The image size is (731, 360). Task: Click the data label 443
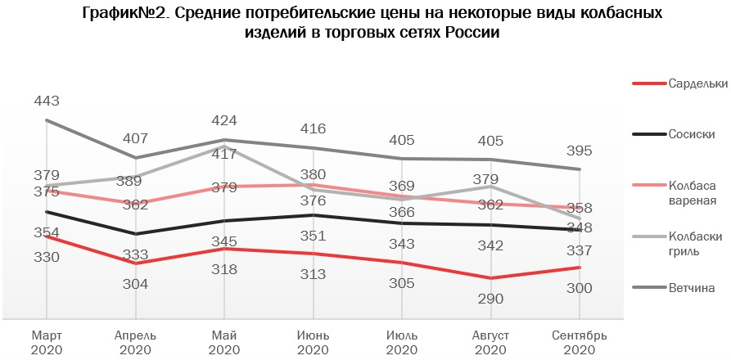click(47, 101)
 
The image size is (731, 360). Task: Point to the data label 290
click(490, 299)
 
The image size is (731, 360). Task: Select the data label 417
click(224, 153)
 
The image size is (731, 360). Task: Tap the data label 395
click(579, 151)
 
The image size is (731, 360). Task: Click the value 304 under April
click(136, 284)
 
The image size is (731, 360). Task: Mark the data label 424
click(224, 121)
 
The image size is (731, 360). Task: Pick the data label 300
click(579, 288)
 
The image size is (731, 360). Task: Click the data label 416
click(313, 128)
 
